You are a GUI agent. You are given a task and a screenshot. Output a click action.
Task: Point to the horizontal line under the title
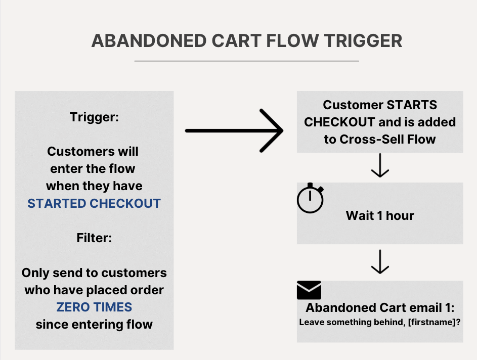(x=246, y=61)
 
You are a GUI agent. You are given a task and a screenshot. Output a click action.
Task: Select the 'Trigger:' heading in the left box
(x=94, y=117)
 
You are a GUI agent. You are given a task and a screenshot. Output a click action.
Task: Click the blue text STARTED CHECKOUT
(x=94, y=204)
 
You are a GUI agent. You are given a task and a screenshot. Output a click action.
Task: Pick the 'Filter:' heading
(x=94, y=238)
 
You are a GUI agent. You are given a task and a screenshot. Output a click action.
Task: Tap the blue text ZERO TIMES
(x=94, y=307)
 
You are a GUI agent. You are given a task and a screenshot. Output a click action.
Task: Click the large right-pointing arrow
(x=234, y=130)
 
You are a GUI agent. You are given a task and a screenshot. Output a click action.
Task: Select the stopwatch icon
(x=310, y=198)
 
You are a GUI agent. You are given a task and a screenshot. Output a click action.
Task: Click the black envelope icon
(x=309, y=290)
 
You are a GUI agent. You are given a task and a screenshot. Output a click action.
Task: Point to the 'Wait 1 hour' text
(x=380, y=215)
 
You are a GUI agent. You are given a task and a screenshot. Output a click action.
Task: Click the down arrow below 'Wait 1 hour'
(x=380, y=262)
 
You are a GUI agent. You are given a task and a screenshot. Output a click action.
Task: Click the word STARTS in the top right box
(x=412, y=105)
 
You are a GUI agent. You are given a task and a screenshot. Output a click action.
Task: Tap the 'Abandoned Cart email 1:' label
(x=379, y=308)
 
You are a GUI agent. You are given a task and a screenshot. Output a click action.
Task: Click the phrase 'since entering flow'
(x=94, y=324)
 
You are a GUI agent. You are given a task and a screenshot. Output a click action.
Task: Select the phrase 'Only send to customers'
(x=94, y=273)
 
